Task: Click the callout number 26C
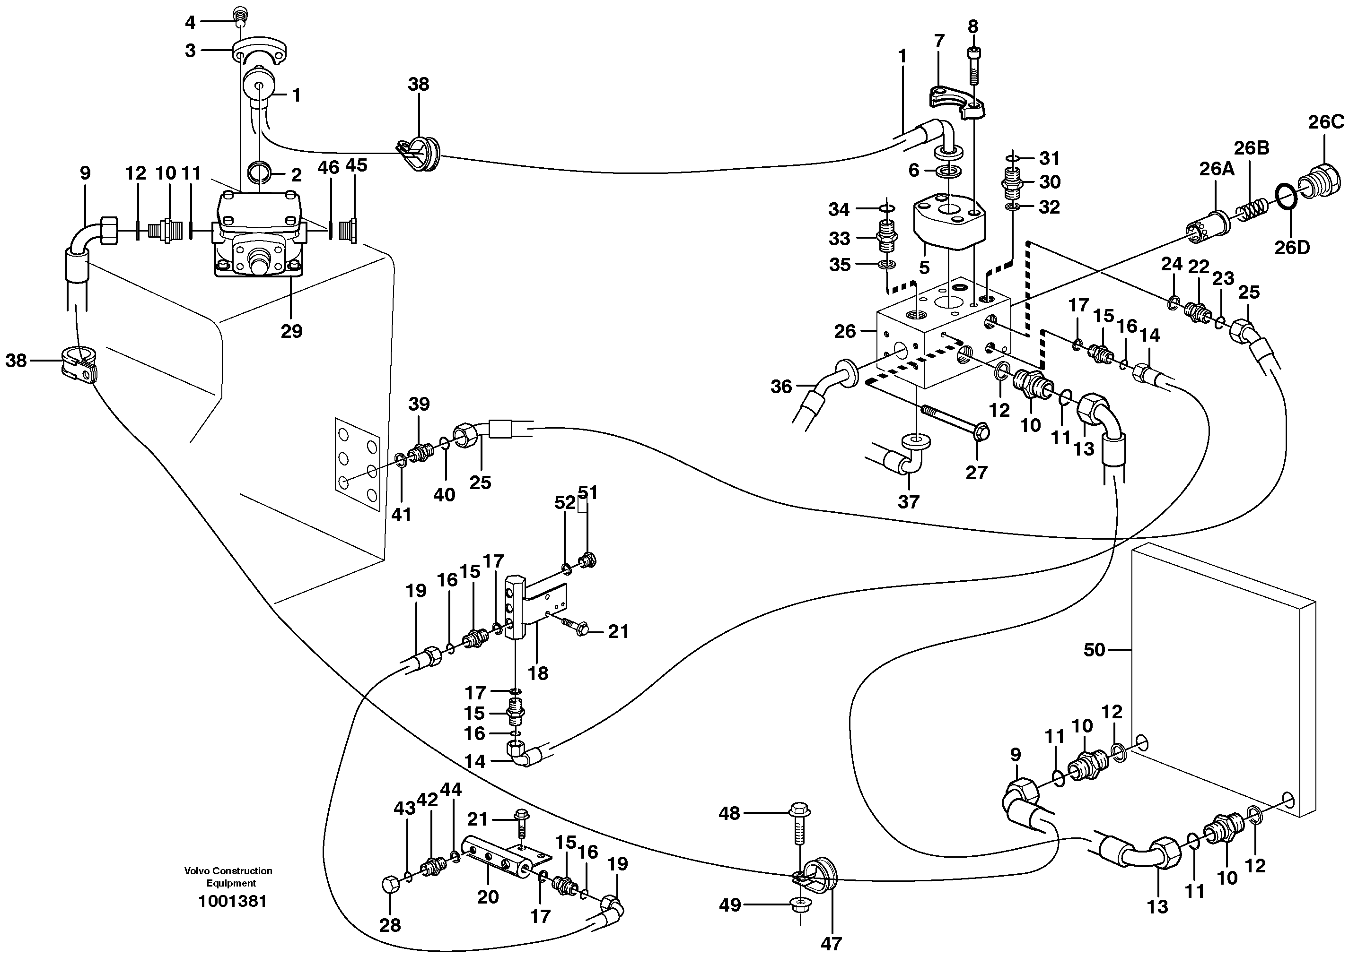click(1326, 122)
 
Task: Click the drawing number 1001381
click(232, 901)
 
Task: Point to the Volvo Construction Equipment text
click(228, 877)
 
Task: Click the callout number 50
click(1094, 650)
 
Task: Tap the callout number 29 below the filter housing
click(291, 331)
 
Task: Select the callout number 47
click(831, 944)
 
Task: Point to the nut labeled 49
click(799, 905)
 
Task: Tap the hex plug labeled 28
click(391, 885)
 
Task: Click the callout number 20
click(487, 896)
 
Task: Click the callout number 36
click(781, 387)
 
